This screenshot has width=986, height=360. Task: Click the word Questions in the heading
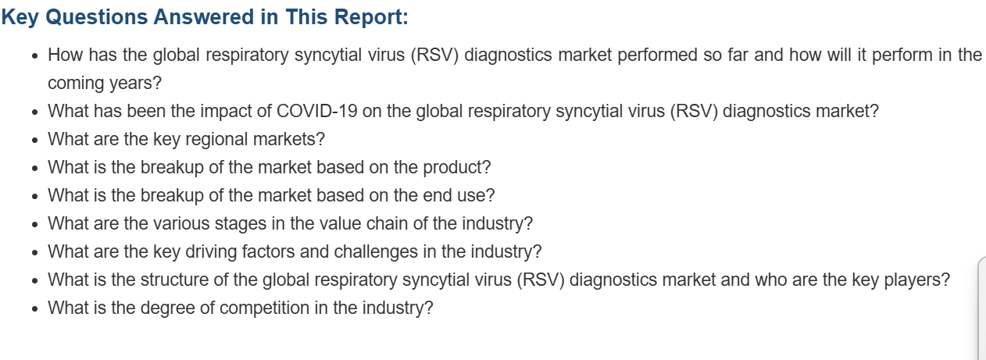point(96,17)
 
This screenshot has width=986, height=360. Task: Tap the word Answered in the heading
point(203,16)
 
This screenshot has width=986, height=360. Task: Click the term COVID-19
point(317,112)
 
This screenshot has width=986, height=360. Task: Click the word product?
point(457,168)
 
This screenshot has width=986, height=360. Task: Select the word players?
point(917,280)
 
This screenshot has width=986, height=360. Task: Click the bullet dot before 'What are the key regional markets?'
point(35,141)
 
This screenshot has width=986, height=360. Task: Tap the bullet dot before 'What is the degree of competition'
point(35,309)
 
